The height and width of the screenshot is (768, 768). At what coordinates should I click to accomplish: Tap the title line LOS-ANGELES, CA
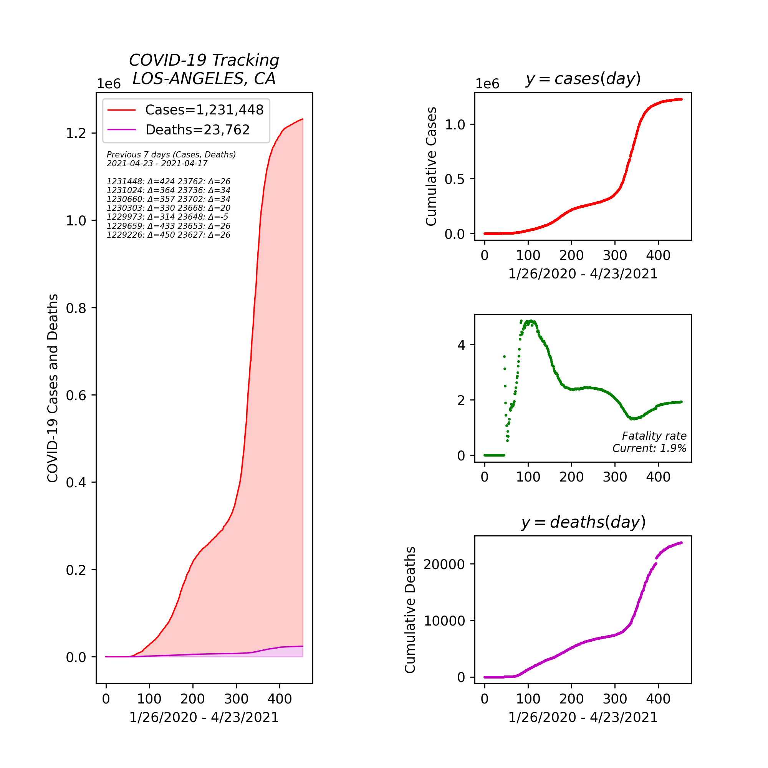[x=204, y=79]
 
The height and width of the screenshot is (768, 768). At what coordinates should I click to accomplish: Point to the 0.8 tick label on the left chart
[x=76, y=308]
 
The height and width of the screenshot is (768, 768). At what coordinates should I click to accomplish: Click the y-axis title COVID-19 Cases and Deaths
[x=53, y=388]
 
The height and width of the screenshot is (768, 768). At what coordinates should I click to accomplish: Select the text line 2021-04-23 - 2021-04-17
[x=157, y=163]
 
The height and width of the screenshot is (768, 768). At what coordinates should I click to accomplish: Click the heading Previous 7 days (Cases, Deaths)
[x=171, y=155]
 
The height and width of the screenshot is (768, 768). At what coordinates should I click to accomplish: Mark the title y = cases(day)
[x=583, y=79]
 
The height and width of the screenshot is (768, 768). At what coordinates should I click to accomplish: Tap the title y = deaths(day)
[x=583, y=522]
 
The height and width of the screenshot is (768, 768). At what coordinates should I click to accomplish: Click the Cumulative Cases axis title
[x=431, y=166]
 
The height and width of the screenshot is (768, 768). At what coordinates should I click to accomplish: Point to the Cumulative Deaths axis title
[x=410, y=610]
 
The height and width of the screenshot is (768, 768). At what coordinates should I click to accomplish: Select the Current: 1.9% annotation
[x=649, y=449]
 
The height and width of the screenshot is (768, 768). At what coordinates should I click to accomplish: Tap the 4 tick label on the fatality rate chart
[x=461, y=345]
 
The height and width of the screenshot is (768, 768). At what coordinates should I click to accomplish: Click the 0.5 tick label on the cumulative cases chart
[x=454, y=179]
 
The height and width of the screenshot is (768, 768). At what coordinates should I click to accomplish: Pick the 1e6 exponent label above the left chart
[x=109, y=84]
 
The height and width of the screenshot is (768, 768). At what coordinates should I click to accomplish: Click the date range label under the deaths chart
[x=583, y=717]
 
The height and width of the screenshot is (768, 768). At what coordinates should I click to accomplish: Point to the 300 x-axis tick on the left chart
[x=236, y=699]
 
